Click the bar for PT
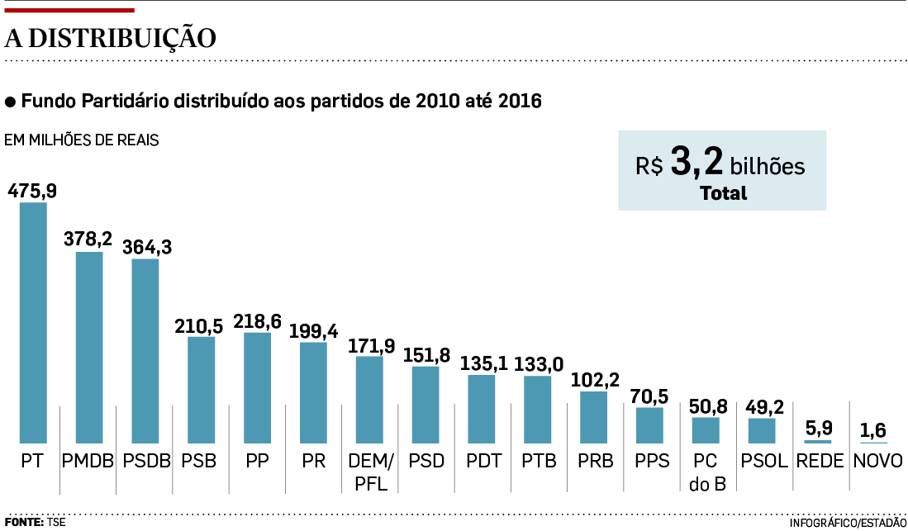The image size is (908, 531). coord(33,323)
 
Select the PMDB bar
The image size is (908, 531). coord(89,348)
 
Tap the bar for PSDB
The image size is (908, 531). coord(145,351)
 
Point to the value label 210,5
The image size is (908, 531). coord(198,325)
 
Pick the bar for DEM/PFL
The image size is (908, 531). coord(369,400)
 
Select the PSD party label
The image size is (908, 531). coord(425,461)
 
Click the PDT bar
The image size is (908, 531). coord(482,409)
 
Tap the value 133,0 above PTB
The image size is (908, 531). coord(539,364)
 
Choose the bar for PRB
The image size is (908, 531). coord(594,417)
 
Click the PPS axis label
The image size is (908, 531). coord(649,461)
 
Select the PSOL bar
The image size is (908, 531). coord(762,430)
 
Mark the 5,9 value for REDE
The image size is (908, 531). coord(818,429)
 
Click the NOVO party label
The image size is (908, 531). coord(875,461)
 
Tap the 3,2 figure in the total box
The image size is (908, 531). coord(696,163)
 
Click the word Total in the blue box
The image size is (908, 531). coord(723,194)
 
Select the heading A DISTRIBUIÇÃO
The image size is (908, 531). coord(111,38)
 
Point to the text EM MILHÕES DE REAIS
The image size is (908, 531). coord(82,140)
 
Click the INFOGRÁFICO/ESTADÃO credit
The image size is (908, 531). coord(848,523)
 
